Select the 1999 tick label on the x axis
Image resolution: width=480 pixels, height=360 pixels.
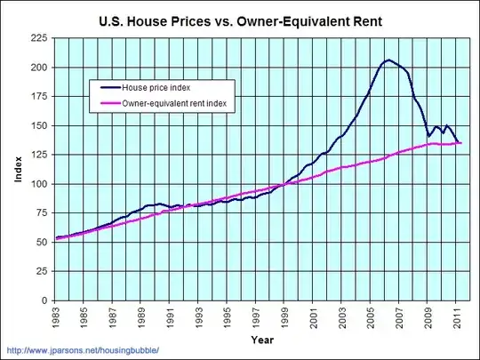(x=284, y=318)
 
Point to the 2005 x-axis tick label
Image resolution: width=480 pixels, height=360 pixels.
(x=370, y=318)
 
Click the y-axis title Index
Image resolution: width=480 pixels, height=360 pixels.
(x=18, y=170)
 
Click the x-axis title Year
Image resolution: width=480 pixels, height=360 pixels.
(x=262, y=339)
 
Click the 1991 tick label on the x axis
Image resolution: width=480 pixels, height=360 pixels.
(x=171, y=318)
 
